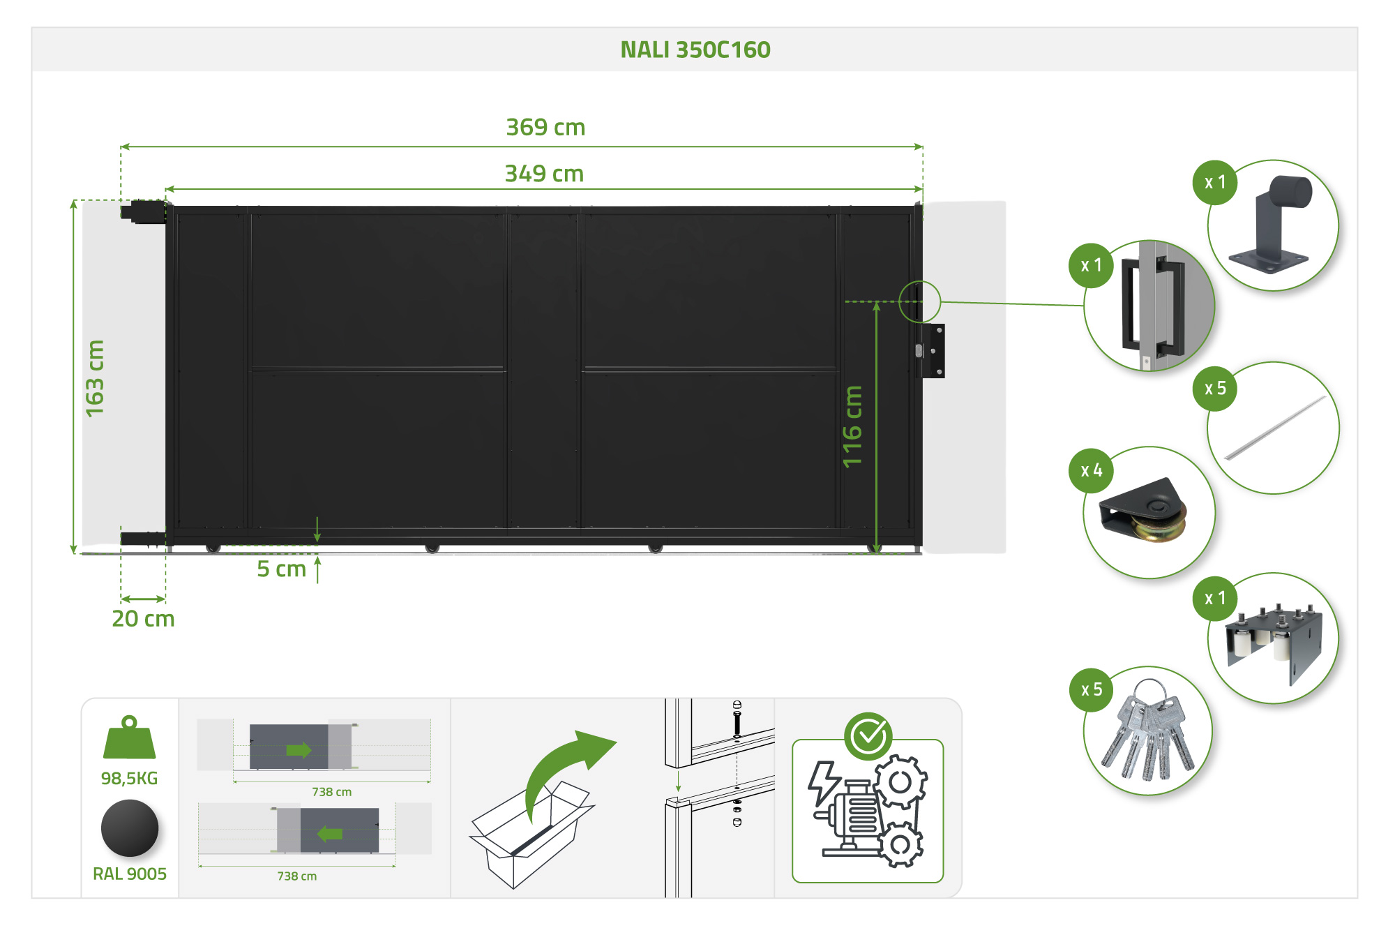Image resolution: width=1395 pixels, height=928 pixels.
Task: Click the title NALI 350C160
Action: tap(695, 50)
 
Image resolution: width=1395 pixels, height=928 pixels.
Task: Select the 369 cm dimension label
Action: tap(545, 128)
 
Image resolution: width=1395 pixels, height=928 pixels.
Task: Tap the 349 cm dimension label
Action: tap(544, 174)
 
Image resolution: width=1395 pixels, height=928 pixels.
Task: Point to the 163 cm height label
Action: tap(94, 378)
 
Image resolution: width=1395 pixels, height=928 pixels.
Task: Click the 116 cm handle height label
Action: tap(852, 426)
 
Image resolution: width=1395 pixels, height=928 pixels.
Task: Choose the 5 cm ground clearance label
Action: tap(281, 569)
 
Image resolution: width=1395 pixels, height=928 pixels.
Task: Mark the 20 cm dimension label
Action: tap(143, 618)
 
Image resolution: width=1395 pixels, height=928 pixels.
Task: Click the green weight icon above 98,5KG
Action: tap(129, 738)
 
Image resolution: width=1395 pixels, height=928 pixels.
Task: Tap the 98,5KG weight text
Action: tap(129, 778)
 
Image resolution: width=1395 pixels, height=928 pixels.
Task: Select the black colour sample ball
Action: tap(130, 828)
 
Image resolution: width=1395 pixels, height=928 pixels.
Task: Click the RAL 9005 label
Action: tap(130, 874)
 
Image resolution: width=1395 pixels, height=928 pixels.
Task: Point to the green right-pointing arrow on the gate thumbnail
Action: tap(299, 750)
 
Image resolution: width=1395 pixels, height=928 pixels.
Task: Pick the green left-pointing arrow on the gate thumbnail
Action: tap(330, 833)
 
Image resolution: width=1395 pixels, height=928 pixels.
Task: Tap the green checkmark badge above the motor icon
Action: tap(868, 735)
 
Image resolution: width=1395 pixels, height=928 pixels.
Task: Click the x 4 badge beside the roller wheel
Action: tap(1091, 471)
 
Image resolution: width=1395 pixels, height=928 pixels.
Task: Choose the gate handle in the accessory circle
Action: tap(1151, 307)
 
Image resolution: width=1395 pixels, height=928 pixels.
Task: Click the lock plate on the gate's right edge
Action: tap(931, 351)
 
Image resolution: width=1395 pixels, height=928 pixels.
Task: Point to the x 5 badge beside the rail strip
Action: tap(1215, 389)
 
